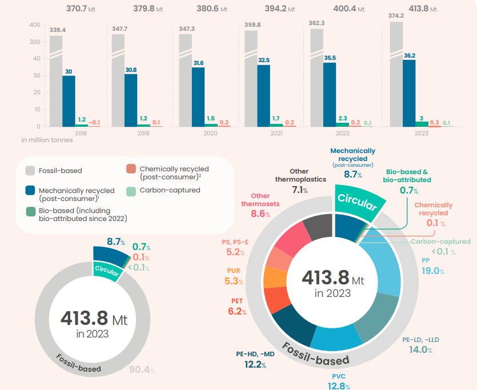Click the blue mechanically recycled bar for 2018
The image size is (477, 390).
coord(69,100)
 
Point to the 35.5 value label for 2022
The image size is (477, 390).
coord(330,58)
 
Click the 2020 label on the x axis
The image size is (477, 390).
coord(210,133)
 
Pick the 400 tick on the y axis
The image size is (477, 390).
coord(34,25)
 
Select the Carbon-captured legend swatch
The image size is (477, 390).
coord(131,190)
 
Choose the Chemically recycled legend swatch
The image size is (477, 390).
coord(131,169)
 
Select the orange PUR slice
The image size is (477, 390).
coord(275,278)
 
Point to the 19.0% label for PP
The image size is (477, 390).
coord(432,271)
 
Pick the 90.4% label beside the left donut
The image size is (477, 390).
coord(142,369)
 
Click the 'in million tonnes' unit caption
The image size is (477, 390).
coord(47,140)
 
